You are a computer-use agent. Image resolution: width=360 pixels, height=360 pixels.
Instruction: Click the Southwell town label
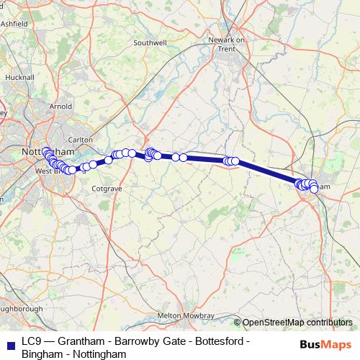149,43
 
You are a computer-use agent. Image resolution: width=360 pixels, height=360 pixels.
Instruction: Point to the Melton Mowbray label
186,316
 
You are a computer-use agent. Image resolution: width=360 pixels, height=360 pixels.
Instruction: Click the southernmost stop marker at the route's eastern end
315,189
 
